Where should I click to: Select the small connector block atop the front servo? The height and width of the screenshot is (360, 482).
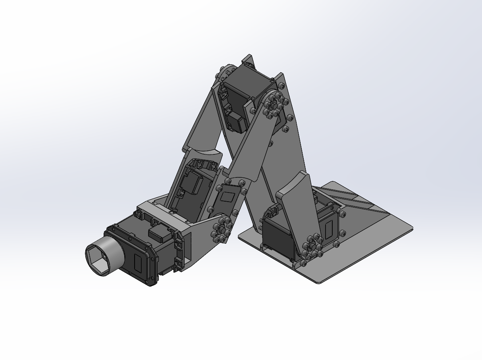click(x=159, y=233)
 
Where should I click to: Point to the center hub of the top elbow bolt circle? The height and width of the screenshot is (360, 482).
click(x=274, y=105)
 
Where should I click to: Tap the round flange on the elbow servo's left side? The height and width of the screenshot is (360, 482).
click(x=227, y=71)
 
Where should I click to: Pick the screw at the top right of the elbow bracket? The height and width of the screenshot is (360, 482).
click(x=281, y=85)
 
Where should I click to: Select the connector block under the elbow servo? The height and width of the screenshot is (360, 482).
click(x=237, y=121)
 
